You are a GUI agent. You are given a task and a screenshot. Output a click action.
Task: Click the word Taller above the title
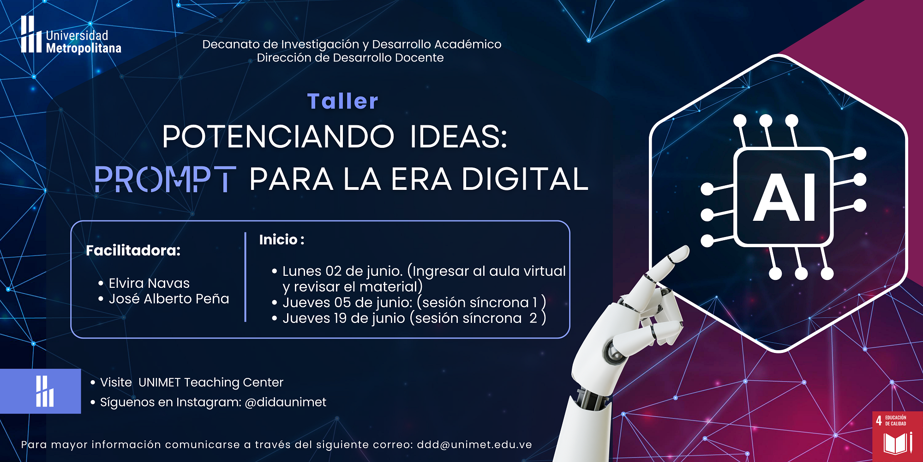click(342, 101)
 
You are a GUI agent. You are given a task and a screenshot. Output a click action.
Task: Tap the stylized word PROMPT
click(165, 179)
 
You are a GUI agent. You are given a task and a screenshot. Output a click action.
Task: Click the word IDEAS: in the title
click(459, 137)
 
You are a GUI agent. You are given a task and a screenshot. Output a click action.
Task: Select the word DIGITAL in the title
click(525, 179)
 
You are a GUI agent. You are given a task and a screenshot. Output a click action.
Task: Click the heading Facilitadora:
click(133, 250)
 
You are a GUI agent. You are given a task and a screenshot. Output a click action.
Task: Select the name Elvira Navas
click(149, 283)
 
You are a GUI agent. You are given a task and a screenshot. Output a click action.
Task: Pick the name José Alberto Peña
click(169, 298)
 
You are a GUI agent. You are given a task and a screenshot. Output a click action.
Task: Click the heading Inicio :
click(282, 239)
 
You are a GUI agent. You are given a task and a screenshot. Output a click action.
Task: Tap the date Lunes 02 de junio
click(342, 271)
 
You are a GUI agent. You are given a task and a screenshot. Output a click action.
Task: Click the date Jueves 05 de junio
click(347, 303)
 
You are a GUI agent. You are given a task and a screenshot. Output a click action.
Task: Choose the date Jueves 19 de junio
click(344, 318)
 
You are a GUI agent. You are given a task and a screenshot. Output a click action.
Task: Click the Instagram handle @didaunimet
click(285, 402)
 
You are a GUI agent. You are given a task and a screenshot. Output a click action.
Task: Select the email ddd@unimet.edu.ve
click(474, 444)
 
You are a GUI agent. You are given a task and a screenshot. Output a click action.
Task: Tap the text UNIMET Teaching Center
click(211, 383)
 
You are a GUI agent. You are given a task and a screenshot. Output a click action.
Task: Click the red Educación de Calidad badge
click(898, 437)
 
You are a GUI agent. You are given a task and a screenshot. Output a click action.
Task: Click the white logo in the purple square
click(45, 391)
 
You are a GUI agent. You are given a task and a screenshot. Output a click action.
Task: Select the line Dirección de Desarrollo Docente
click(350, 58)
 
